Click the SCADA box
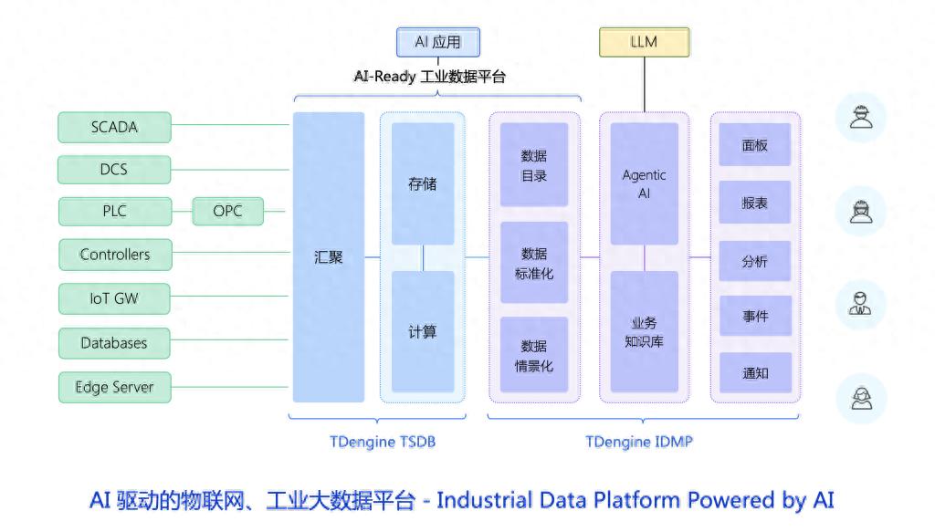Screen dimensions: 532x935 click(x=114, y=128)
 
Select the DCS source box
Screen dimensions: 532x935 click(x=114, y=170)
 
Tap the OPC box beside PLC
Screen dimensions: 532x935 click(x=227, y=212)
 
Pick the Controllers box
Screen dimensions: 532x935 click(x=114, y=255)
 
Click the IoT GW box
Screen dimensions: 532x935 click(x=114, y=298)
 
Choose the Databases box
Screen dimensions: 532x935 click(x=114, y=343)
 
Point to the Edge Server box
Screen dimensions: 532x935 click(x=114, y=387)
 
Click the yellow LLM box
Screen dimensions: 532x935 click(x=644, y=42)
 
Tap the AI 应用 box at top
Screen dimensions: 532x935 click(x=437, y=42)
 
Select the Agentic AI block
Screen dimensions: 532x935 click(x=644, y=183)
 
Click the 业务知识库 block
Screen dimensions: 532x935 click(x=644, y=332)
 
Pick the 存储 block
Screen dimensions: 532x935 click(x=423, y=183)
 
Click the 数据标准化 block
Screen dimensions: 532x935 click(x=534, y=263)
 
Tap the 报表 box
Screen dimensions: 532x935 click(x=754, y=203)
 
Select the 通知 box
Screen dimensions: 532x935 click(x=754, y=373)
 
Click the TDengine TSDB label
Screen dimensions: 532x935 click(x=383, y=443)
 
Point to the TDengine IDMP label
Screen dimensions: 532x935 click(x=639, y=443)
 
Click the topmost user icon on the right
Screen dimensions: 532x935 click(x=860, y=118)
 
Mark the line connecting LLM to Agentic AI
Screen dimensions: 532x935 click(x=644, y=87)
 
